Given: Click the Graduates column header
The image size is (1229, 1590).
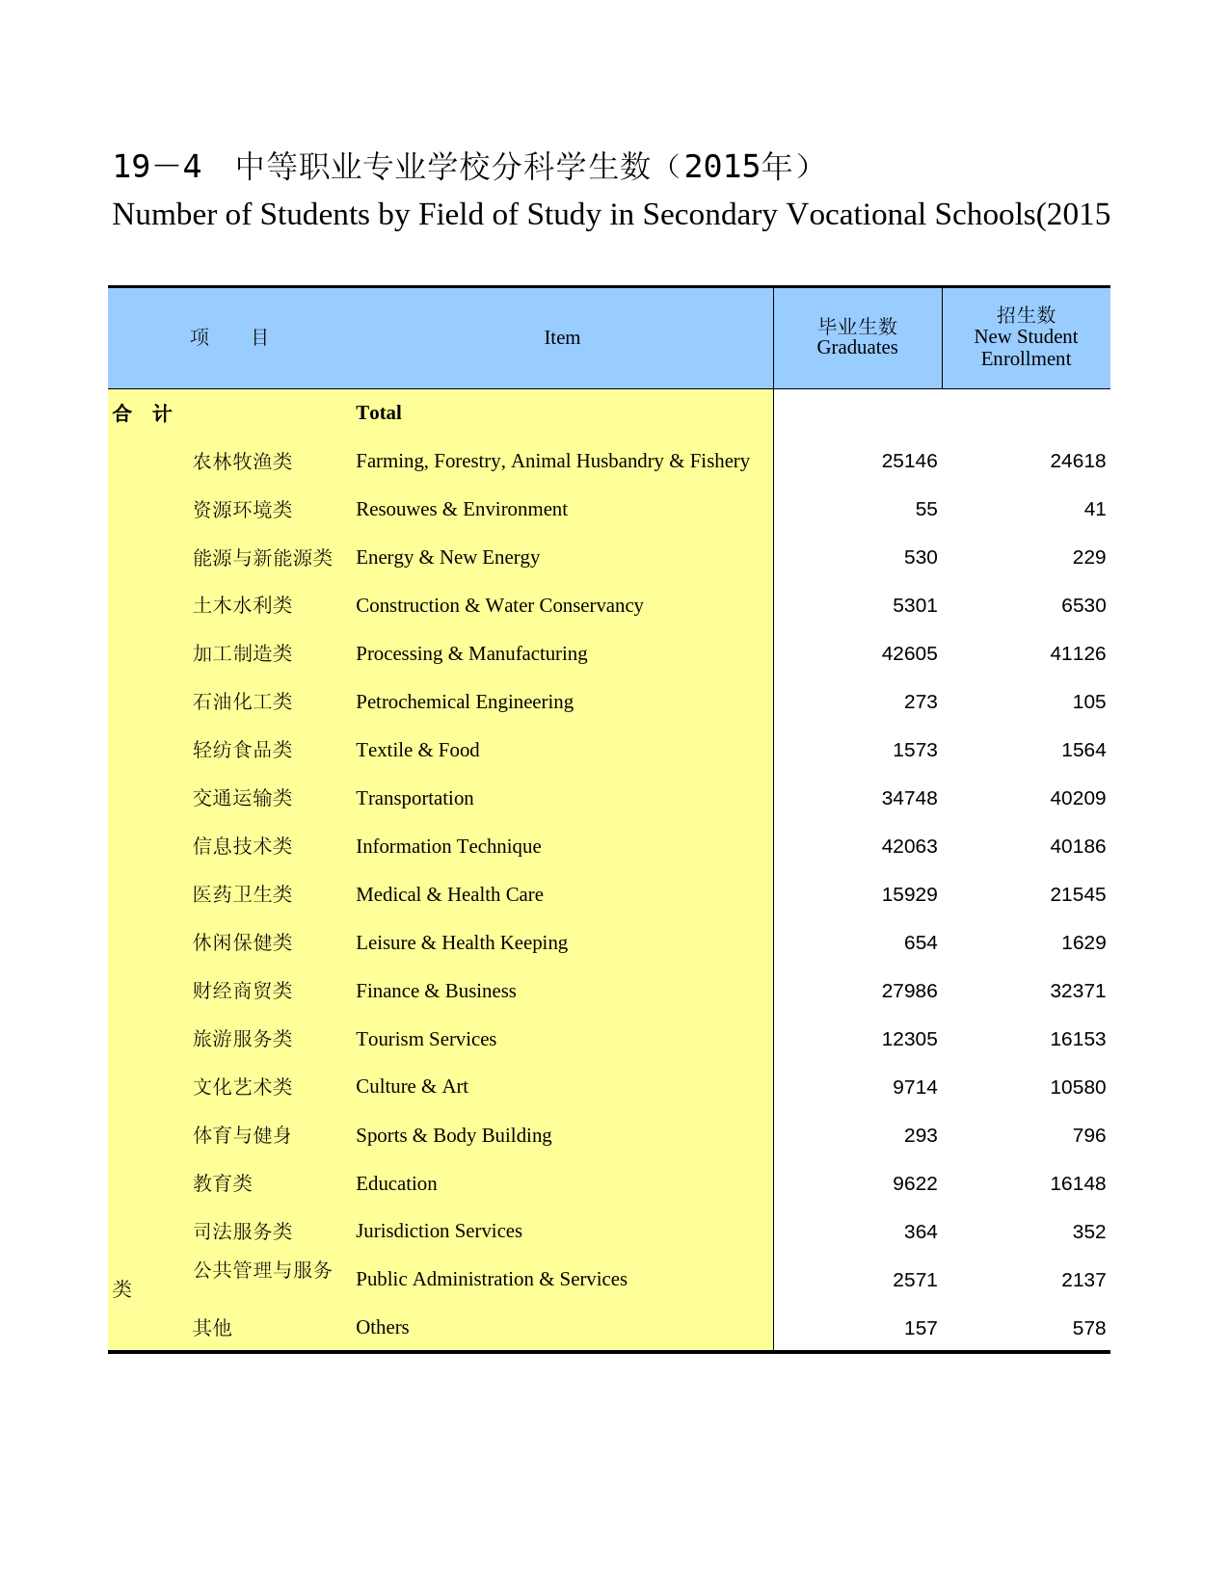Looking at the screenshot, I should tap(857, 337).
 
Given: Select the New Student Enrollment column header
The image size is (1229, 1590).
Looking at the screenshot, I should tap(1026, 337).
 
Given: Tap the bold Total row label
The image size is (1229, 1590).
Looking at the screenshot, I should tap(378, 412).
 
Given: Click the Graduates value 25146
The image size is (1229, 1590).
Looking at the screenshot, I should tap(909, 461).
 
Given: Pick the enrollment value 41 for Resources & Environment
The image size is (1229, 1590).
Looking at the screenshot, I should tap(1094, 509).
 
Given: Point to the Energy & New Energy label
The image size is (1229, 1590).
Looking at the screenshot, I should tap(447, 557).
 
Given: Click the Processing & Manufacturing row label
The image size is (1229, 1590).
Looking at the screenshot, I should tap(471, 653).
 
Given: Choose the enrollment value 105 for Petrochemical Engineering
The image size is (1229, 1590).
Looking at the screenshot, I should tap(1088, 702).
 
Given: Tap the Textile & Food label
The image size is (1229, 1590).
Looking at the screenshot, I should tap(417, 750).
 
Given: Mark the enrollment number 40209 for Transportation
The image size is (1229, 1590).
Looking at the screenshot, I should tap(1078, 798).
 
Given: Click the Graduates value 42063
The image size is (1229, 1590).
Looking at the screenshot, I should tap(909, 846).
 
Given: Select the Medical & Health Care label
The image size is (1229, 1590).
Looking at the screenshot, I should tap(449, 894).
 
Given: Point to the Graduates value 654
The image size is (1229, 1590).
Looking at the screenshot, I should tap(921, 942).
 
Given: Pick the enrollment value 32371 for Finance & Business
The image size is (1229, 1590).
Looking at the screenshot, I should tap(1078, 991).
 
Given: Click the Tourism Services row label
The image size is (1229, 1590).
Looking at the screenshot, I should tap(426, 1039).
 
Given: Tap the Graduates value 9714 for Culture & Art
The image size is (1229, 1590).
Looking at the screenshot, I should tap(915, 1087).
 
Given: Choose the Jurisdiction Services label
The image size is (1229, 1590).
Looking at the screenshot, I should tap(439, 1231).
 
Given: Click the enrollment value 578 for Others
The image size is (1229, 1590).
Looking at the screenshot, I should tap(1088, 1328).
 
